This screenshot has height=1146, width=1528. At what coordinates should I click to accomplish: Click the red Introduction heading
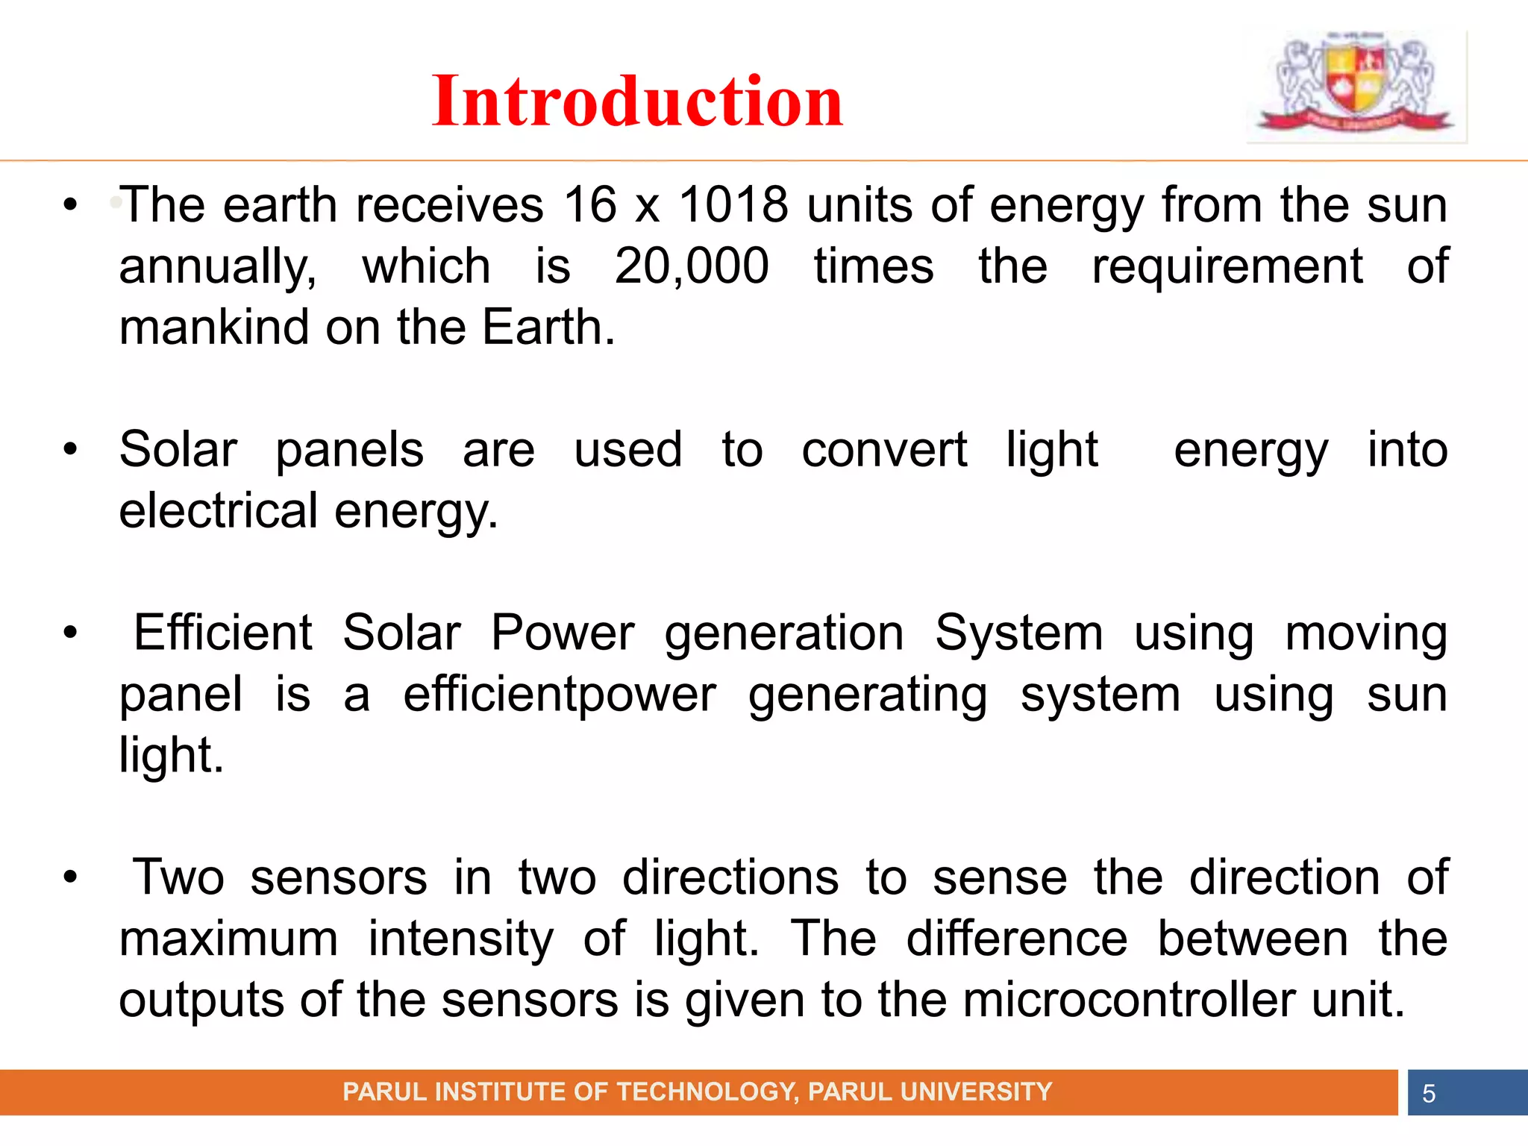(637, 101)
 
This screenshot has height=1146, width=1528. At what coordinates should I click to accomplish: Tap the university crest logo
(1355, 84)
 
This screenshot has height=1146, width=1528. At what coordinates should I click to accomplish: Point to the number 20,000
(691, 266)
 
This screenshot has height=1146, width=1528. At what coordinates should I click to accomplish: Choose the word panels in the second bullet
(349, 450)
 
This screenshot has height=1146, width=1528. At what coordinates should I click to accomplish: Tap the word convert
(883, 450)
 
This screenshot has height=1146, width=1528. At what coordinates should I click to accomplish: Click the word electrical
(218, 511)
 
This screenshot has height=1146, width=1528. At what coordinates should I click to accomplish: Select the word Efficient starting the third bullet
(222, 633)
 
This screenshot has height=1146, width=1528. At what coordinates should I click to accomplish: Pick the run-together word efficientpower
(560, 695)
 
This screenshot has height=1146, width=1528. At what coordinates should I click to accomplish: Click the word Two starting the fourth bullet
(178, 877)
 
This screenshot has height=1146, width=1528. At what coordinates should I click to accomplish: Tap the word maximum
(228, 939)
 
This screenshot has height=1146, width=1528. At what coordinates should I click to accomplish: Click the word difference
(1016, 939)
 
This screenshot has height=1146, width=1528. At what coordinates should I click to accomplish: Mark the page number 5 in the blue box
(1428, 1093)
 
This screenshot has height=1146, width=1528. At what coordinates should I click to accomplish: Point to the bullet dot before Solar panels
(70, 449)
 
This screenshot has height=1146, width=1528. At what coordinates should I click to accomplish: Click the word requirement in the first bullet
(1227, 266)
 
